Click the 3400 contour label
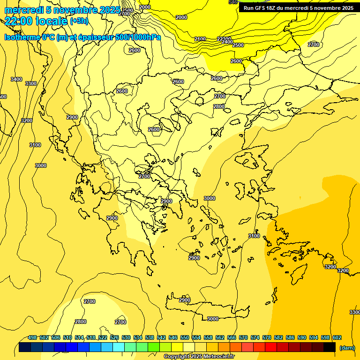point(16,79)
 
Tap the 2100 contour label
point(200,39)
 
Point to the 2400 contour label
point(227,42)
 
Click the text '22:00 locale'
point(36,21)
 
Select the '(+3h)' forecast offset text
point(79,21)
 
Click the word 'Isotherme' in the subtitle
point(22,37)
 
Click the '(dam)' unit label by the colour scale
point(347,348)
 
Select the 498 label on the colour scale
point(32,337)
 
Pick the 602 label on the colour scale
point(337,337)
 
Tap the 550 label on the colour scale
point(185,337)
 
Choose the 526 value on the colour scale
point(114,337)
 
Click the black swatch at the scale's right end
point(330,347)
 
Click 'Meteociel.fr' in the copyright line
point(218,357)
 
